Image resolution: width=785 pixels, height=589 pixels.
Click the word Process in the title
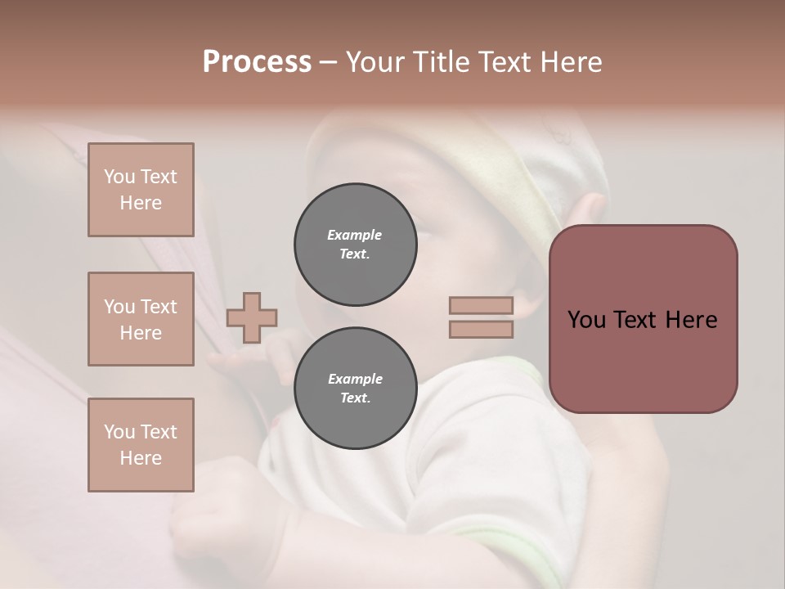click(x=257, y=61)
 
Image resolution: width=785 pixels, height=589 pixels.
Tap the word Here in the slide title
click(x=570, y=61)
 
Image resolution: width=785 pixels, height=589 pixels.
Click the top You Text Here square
click(x=141, y=190)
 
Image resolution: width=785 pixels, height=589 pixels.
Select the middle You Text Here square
click(x=141, y=319)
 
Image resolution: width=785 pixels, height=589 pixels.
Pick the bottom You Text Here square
click(x=141, y=445)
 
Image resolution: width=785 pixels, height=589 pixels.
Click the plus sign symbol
click(x=252, y=317)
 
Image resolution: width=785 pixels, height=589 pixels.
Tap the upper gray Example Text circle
click(x=355, y=245)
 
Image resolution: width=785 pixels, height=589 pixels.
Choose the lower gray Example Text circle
click(x=355, y=389)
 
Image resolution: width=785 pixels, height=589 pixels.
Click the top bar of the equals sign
click(x=482, y=305)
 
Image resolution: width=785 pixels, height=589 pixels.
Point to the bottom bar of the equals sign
click(x=482, y=329)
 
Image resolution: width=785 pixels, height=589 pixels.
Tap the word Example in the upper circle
click(x=355, y=235)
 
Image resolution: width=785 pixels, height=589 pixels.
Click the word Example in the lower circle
click(x=355, y=379)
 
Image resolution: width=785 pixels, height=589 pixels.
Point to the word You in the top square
click(x=119, y=177)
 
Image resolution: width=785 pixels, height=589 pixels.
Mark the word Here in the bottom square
click(x=141, y=458)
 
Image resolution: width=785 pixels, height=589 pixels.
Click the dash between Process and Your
click(x=328, y=62)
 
